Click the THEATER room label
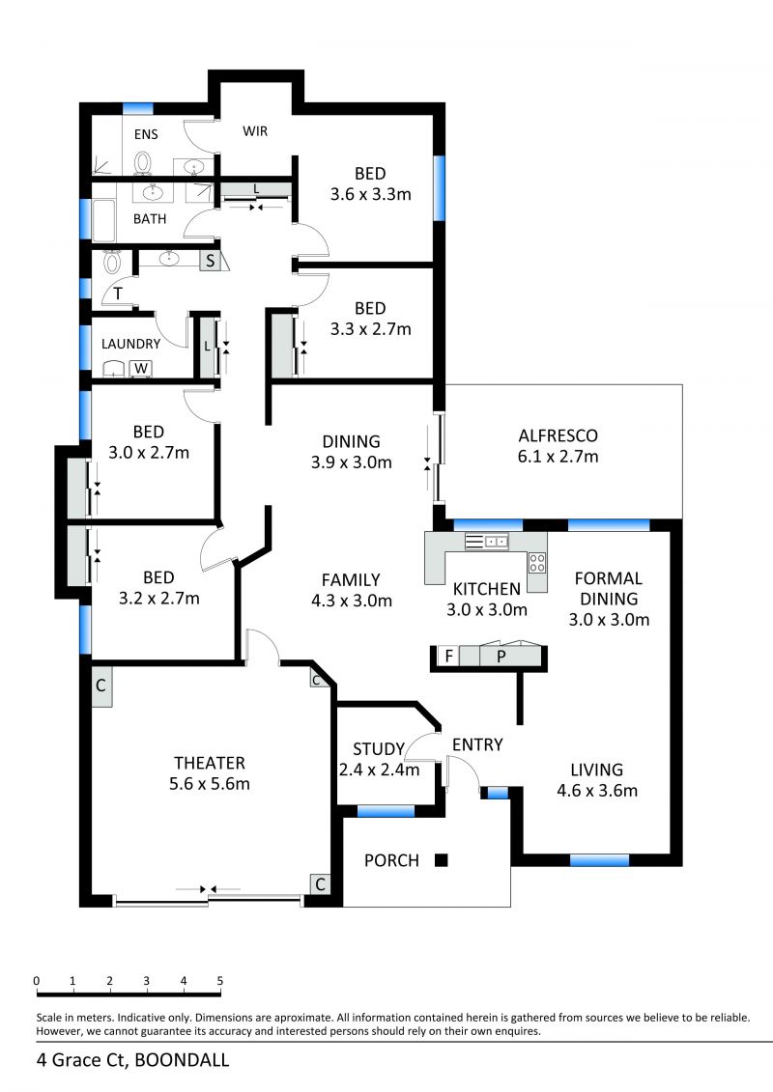point(209,763)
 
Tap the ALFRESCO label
point(558,436)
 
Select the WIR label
point(255,131)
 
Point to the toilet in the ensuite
point(143,163)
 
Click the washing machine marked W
point(141,369)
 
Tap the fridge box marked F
point(449,656)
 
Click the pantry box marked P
point(501,656)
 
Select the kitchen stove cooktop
point(536,562)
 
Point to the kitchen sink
point(487,541)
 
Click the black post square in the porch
point(441,860)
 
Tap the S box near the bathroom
point(210,262)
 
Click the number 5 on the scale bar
point(220,981)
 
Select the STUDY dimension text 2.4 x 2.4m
point(379,770)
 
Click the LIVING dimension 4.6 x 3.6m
point(597,791)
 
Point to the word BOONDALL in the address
point(182,1060)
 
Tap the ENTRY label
point(477,744)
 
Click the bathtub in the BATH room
point(103,218)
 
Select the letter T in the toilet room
point(118,294)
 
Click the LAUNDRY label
point(131,344)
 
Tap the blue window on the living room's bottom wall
point(599,861)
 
